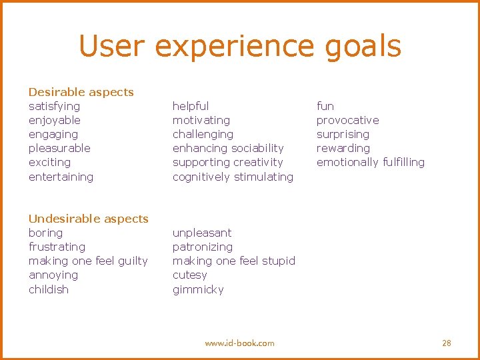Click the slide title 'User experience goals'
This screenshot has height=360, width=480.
tap(240, 46)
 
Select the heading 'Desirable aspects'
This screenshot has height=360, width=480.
tap(81, 92)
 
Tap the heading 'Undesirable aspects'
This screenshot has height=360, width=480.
tap(88, 219)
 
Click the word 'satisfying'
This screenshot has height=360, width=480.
tap(54, 106)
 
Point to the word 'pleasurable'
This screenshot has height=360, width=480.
tap(59, 148)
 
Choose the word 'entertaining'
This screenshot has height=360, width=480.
tap(61, 177)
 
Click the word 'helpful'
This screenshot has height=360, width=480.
tap(191, 106)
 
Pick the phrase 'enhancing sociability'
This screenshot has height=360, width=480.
tap(228, 148)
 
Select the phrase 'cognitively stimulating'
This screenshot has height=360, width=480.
tap(233, 177)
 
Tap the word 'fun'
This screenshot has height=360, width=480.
tap(325, 106)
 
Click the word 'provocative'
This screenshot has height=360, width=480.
tap(347, 120)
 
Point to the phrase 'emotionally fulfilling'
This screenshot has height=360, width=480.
tap(370, 162)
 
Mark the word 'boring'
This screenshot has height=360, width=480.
tap(45, 233)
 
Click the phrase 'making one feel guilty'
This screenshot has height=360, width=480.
tap(88, 261)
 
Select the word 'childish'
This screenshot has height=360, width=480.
tap(49, 289)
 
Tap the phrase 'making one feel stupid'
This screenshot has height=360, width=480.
tap(233, 261)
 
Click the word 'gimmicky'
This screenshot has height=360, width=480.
tap(198, 289)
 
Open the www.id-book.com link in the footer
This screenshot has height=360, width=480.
tap(239, 343)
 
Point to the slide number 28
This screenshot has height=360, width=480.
tap(447, 343)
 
